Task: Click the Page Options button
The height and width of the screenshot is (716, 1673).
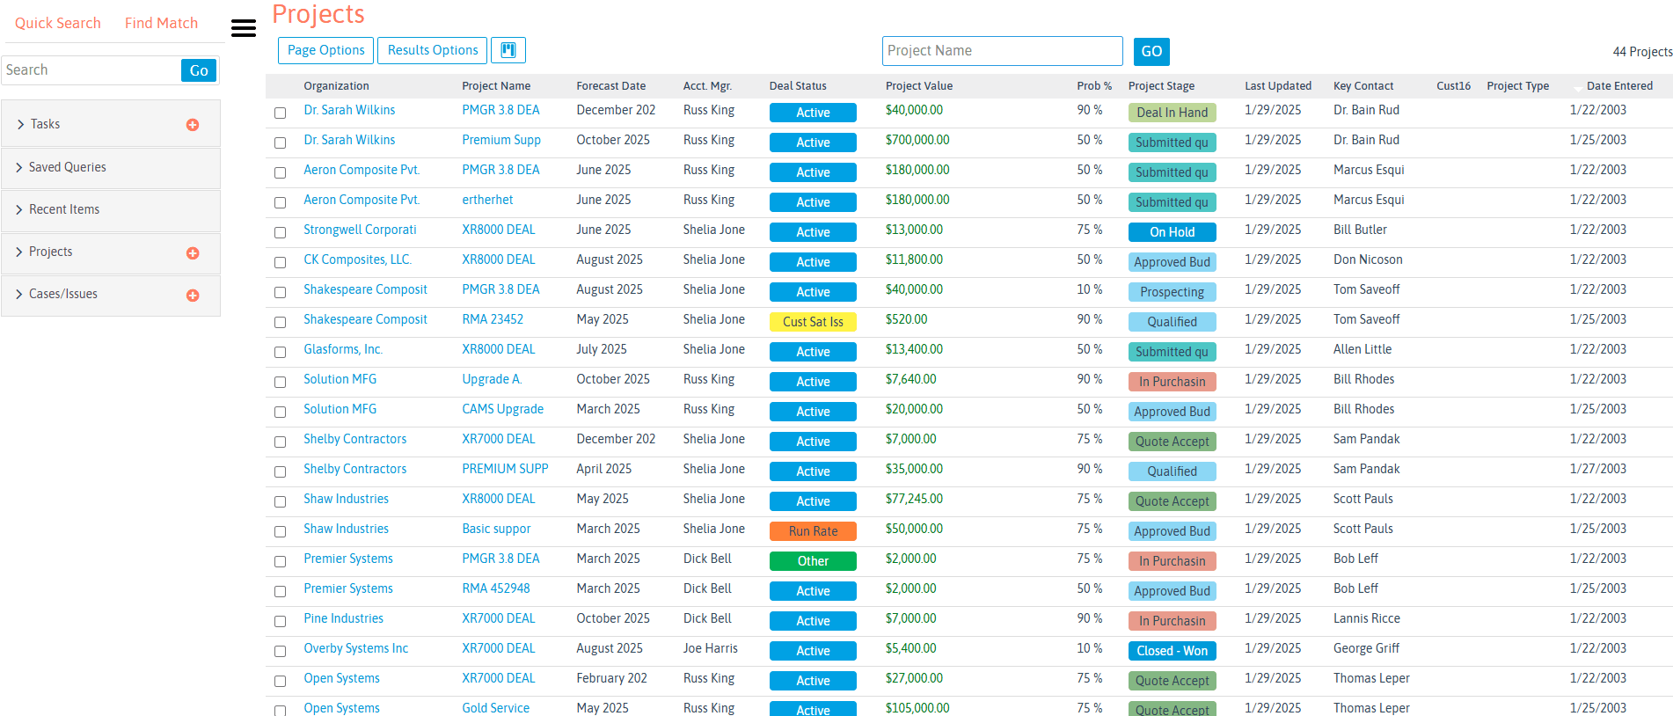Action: coord(325,50)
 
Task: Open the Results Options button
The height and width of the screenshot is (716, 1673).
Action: coord(433,50)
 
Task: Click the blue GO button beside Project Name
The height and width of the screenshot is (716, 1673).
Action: coord(1151,51)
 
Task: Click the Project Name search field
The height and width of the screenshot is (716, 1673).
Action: coord(1002,51)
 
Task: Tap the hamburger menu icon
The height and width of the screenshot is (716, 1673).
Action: coord(244,28)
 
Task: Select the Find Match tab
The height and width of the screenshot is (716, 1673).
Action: coord(161,23)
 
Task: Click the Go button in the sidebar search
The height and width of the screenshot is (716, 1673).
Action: coord(199,70)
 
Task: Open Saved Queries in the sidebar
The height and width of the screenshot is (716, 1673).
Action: coord(68,167)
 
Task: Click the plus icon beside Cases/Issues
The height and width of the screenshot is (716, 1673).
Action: coord(193,296)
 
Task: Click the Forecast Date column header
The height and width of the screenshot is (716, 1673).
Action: coord(610,86)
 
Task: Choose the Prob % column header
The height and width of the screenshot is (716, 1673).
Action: coord(1093,86)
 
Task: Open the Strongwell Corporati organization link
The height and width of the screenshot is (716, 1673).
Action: coord(360,230)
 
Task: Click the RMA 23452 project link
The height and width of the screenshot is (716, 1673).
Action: coord(493,319)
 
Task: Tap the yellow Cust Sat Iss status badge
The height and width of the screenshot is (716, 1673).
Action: coord(813,322)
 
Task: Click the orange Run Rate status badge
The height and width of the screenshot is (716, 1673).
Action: coord(813,531)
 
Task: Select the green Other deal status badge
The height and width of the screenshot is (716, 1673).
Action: coord(813,561)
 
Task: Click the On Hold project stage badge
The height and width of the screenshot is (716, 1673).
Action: coord(1172,232)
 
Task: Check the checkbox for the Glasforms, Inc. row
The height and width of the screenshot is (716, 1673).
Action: coord(280,352)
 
